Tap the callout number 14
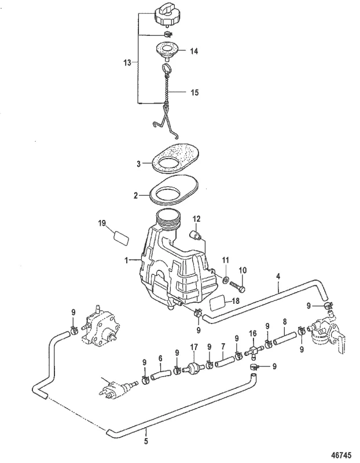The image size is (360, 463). (194, 51)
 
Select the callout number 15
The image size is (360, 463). (194, 92)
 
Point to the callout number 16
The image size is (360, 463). (252, 334)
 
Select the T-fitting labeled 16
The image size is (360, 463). (252, 350)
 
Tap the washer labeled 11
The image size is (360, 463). (226, 280)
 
